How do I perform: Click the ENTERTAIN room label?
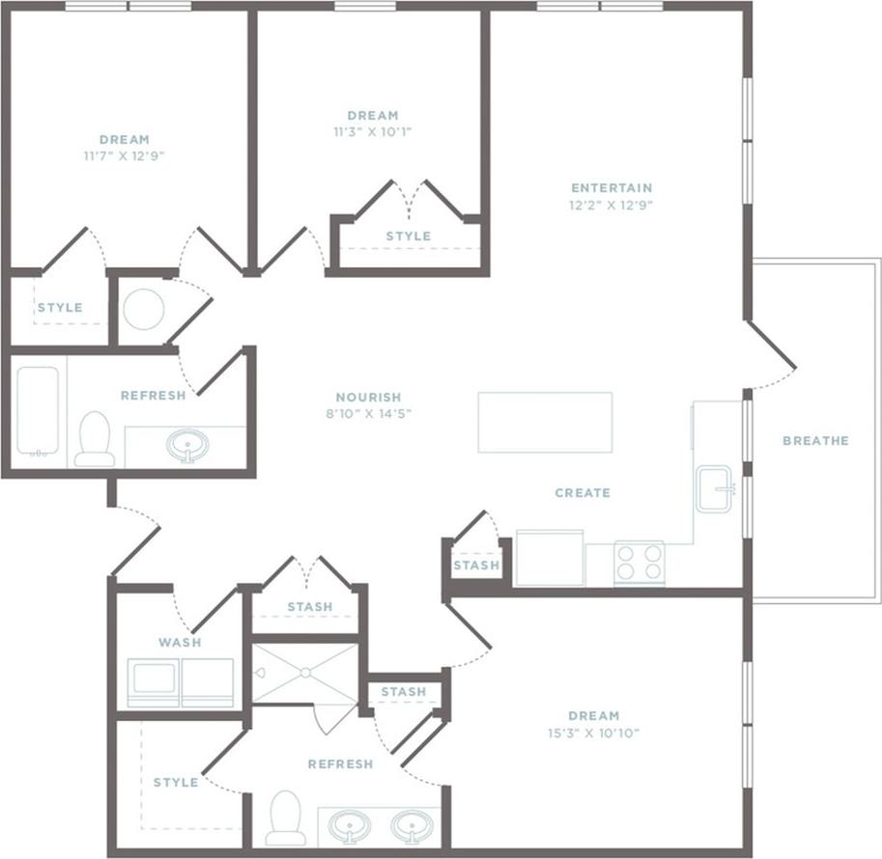pos(612,187)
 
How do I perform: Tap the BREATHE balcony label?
pos(814,440)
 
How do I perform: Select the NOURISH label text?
pos(368,397)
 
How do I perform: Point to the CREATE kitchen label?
pos(583,492)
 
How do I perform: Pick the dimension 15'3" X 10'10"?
pos(593,733)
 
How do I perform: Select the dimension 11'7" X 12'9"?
pos(125,154)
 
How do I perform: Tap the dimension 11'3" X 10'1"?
pos(373,131)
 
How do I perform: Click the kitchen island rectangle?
pos(545,422)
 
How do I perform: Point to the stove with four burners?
pos(640,563)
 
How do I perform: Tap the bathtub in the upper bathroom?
pos(38,411)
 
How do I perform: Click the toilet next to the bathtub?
pos(95,439)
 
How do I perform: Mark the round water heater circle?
pos(143,309)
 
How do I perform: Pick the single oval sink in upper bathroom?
pos(185,445)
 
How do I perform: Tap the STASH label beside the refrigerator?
pos(476,565)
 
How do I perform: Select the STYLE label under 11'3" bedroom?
pos(408,236)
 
